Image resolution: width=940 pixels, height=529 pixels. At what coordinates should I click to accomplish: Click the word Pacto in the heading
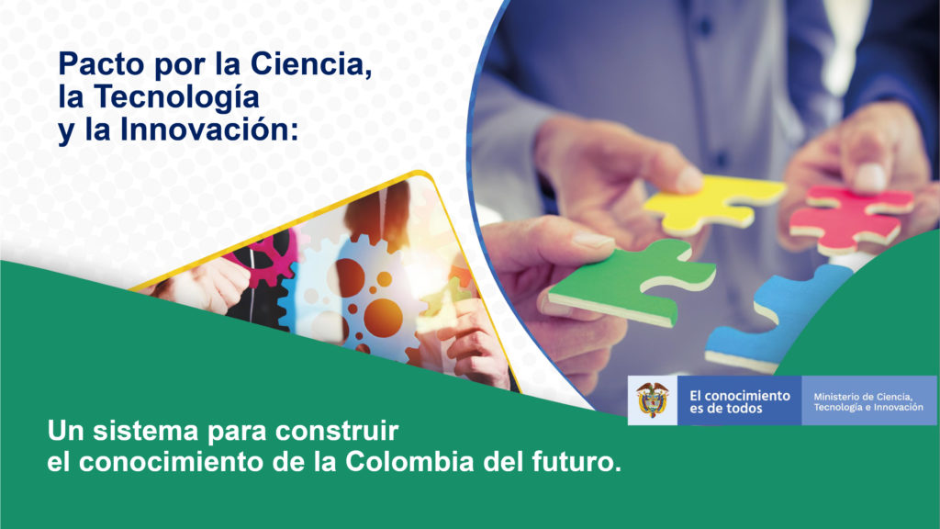[102, 64]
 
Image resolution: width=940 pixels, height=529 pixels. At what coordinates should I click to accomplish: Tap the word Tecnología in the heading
[176, 98]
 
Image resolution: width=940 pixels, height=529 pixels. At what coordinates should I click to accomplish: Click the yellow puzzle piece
[713, 204]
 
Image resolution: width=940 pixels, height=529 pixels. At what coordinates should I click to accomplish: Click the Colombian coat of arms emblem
[653, 400]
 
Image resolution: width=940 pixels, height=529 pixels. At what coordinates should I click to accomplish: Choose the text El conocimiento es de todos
[739, 402]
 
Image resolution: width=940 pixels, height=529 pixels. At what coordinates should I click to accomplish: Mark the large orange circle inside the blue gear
[384, 318]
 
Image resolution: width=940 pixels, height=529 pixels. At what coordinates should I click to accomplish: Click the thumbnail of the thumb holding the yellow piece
[688, 179]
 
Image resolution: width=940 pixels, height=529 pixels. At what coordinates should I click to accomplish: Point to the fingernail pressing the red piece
[870, 177]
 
